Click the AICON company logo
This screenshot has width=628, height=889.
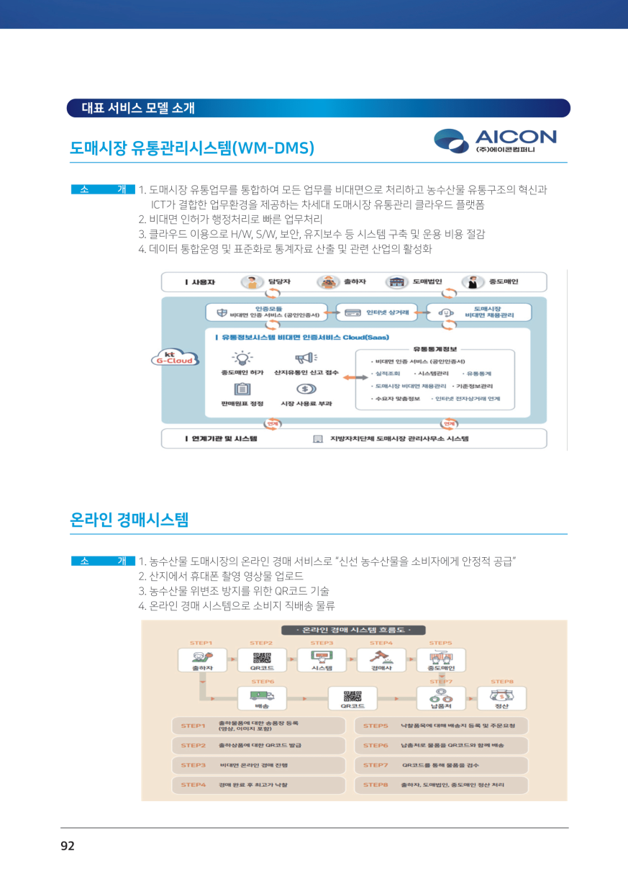[496, 140]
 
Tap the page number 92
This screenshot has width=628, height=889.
[68, 846]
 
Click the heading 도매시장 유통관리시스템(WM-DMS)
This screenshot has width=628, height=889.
[192, 148]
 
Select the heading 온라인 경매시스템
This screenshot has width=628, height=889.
[129, 520]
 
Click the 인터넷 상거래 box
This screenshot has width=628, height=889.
[377, 312]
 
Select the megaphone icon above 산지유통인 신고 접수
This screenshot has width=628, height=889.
[306, 358]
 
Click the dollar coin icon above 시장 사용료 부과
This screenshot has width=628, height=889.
[306, 389]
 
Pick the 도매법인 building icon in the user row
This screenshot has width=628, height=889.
[394, 282]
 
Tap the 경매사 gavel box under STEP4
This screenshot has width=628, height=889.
[381, 659]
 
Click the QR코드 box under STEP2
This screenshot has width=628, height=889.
[262, 659]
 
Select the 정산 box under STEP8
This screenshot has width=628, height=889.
[501, 698]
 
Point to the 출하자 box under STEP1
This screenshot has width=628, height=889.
[201, 659]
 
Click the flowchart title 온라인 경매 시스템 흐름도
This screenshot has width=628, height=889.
[354, 631]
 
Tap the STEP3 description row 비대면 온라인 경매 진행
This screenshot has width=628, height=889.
[259, 765]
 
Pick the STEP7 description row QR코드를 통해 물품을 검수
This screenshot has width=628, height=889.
[441, 765]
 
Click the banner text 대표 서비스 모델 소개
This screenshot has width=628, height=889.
[138, 109]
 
